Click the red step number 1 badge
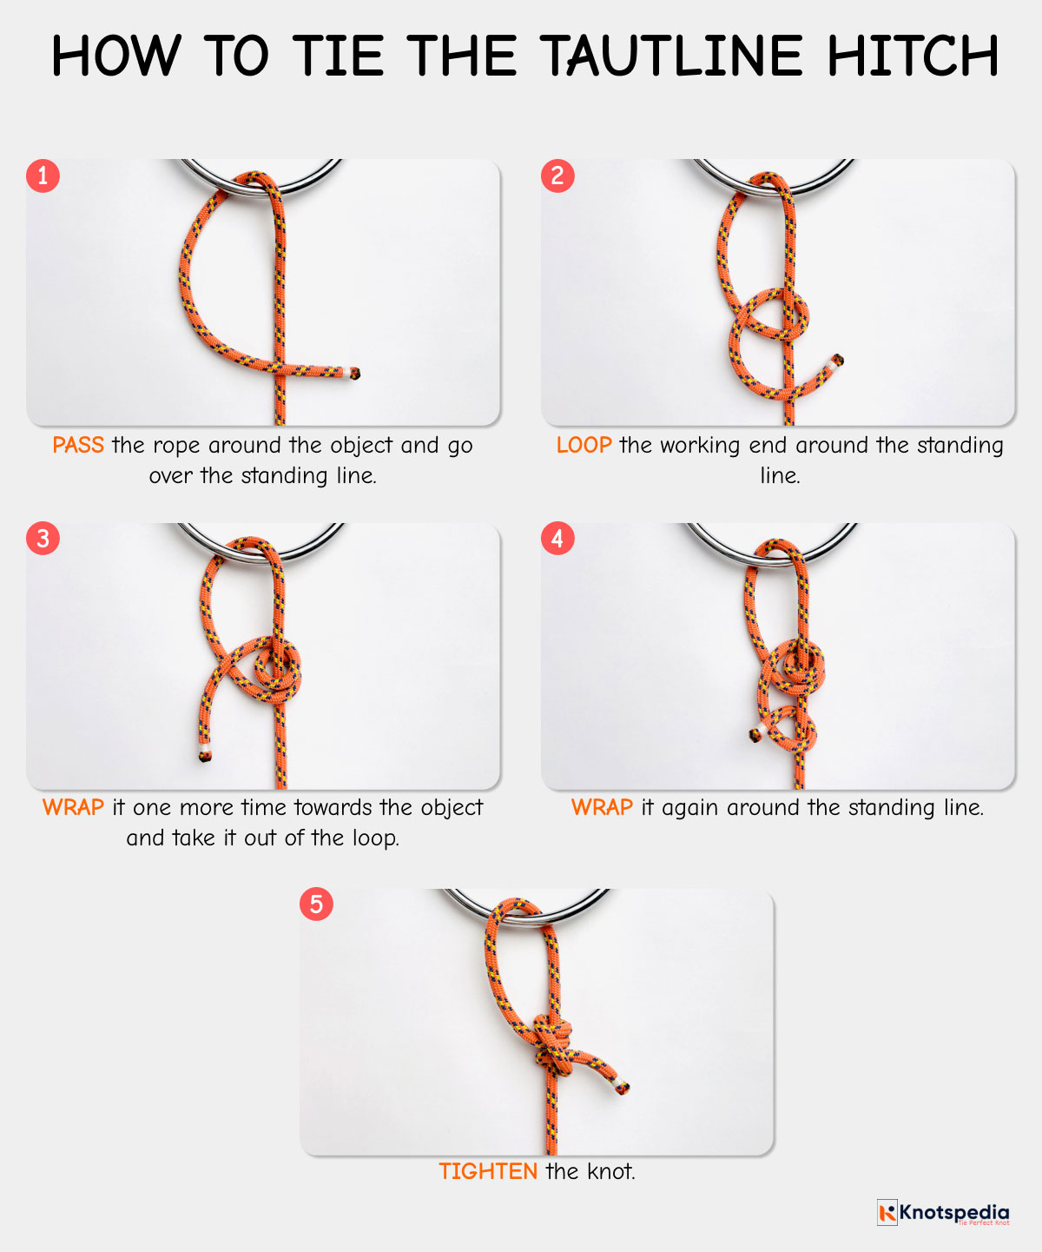[43, 176]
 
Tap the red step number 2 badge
[557, 176]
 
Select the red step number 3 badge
[43, 539]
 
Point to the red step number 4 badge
[557, 539]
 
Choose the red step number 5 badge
[316, 904]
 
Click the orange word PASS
[78, 446]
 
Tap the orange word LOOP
[584, 446]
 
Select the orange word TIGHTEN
[488, 1172]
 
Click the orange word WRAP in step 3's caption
[73, 808]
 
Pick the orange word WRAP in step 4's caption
[602, 808]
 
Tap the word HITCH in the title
[912, 57]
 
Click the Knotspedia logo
[943, 1213]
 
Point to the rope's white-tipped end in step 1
[353, 374]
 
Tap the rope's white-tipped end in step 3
[203, 752]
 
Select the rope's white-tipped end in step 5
[621, 1086]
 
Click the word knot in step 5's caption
[611, 1172]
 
